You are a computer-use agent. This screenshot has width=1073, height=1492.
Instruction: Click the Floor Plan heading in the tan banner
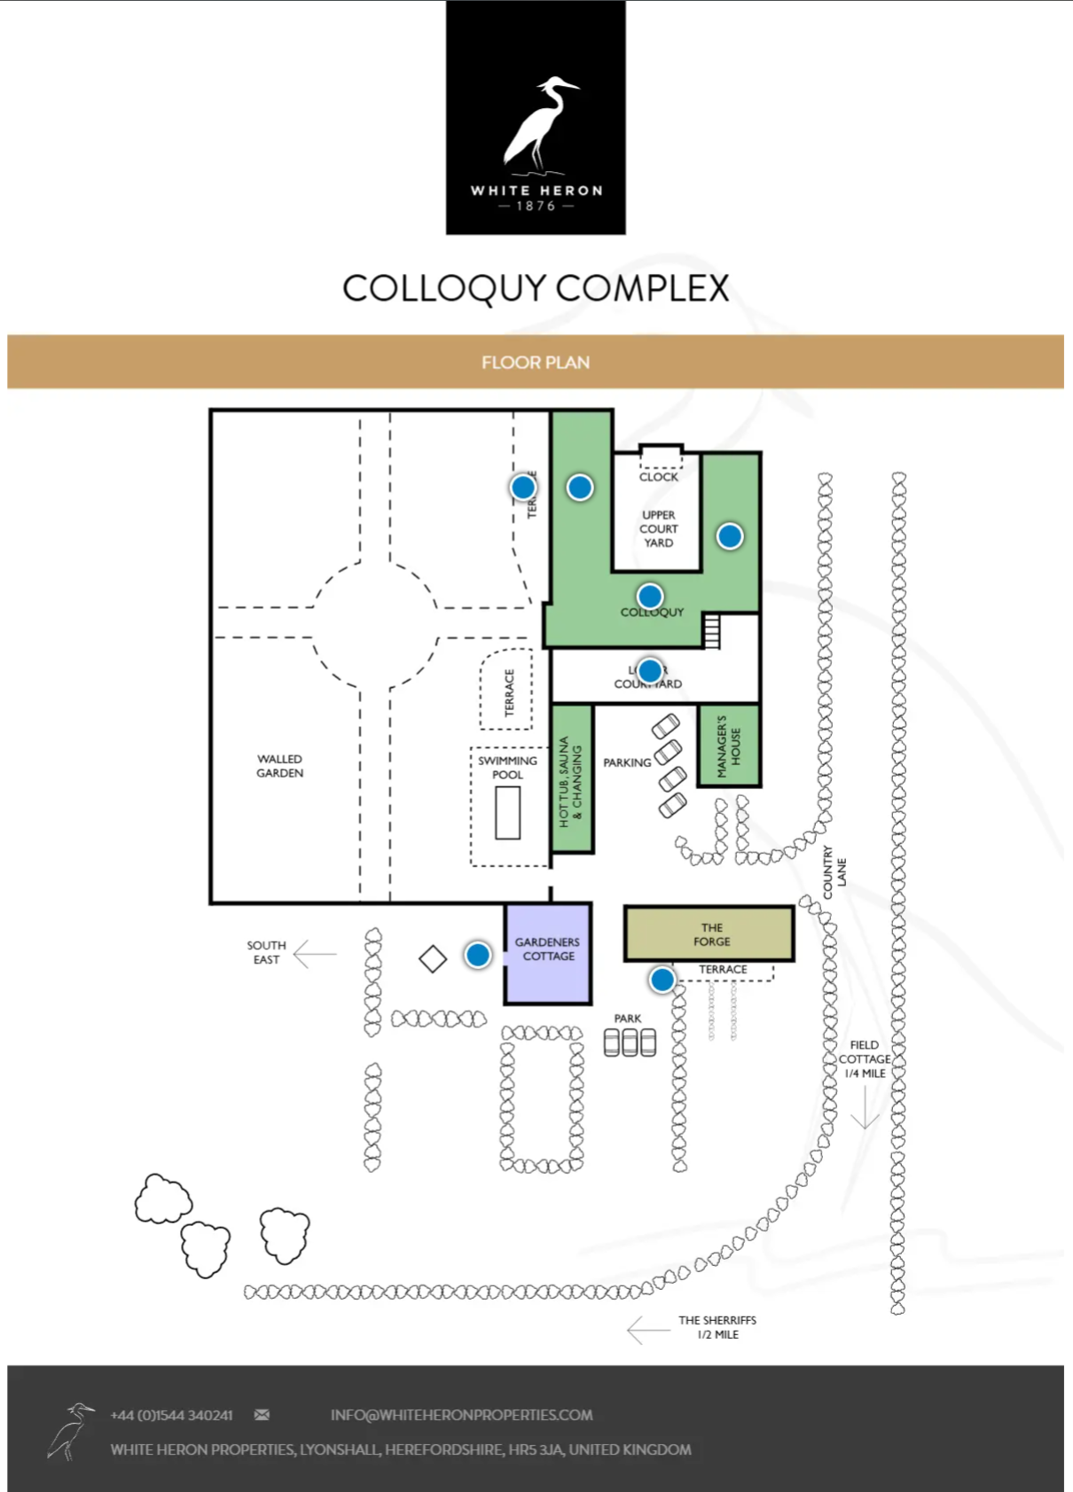point(536,363)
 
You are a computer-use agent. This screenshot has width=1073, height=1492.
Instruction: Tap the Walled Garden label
point(280,766)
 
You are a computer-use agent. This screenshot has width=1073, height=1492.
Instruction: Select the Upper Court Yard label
point(658,528)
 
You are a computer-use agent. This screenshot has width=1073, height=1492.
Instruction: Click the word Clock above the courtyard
point(658,477)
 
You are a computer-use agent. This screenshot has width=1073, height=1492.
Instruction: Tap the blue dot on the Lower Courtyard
point(650,670)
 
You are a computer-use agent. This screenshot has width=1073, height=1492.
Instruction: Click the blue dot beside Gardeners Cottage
point(478,955)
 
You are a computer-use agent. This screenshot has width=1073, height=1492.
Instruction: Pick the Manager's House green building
point(729,746)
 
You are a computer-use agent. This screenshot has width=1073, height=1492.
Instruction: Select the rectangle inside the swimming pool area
point(507,812)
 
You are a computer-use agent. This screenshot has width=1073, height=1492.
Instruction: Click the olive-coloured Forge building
point(709,934)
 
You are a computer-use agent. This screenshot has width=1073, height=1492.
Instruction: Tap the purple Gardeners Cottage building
point(548,953)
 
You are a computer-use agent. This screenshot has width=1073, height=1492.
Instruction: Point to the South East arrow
point(314,954)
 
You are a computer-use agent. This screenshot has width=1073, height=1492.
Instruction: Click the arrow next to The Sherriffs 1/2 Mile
point(647,1330)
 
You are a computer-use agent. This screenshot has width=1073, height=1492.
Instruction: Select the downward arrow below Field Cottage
point(865,1108)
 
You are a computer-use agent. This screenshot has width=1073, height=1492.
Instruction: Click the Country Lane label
point(834,872)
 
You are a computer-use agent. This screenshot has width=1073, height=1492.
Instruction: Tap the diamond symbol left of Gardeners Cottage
point(433,959)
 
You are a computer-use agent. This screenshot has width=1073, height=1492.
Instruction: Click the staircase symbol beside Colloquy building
point(711,631)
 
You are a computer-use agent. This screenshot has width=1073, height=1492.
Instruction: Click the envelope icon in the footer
point(262,1415)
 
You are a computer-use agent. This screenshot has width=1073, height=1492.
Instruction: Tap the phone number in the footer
point(172,1415)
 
